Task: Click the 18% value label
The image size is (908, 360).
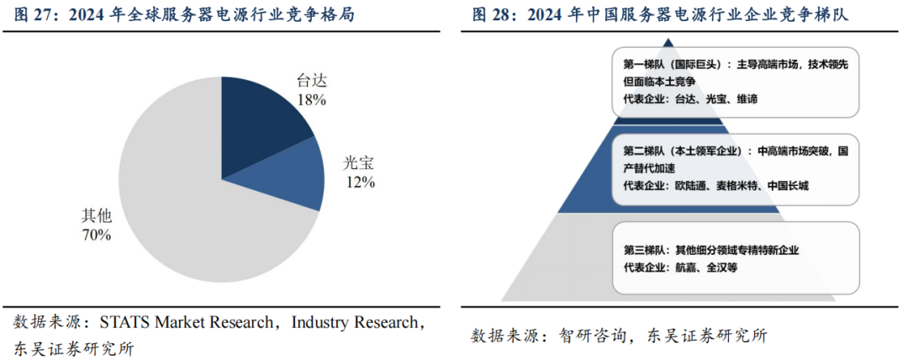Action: [x=312, y=98]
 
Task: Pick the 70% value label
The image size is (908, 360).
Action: [x=96, y=235]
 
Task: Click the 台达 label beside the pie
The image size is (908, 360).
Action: [x=311, y=81]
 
